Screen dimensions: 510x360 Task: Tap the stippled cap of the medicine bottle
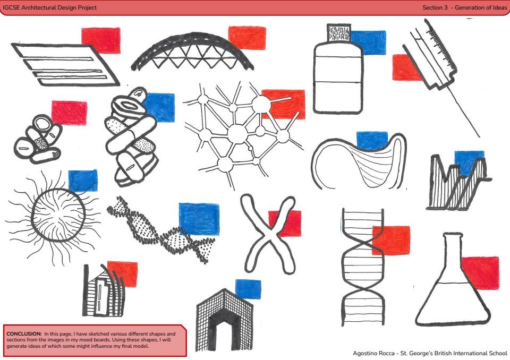point(339,32)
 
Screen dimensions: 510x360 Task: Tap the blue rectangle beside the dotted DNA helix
point(199,219)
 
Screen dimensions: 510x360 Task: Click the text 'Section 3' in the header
point(435,7)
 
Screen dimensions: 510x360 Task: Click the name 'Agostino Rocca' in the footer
point(373,353)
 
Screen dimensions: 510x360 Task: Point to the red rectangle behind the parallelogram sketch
point(101,40)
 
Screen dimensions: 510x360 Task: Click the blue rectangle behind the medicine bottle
point(369,42)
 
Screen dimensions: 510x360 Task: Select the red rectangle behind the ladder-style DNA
point(391,241)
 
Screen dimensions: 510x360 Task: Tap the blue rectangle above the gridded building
point(248,289)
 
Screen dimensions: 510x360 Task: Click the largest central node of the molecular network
point(237,134)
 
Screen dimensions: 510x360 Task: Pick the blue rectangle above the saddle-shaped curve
point(372,140)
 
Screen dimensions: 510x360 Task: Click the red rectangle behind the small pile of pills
point(69,113)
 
